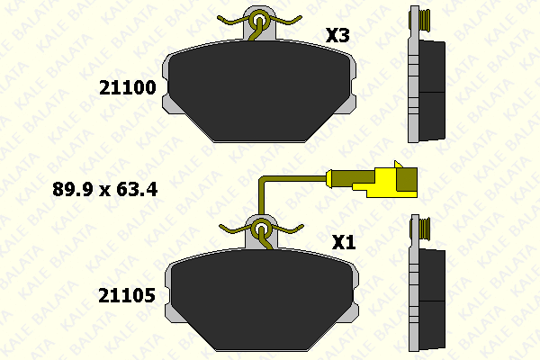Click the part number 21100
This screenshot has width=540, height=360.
click(x=128, y=87)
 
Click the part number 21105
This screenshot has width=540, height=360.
click(x=127, y=295)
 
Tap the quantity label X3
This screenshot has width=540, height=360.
click(x=337, y=35)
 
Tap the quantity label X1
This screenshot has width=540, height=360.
click(x=344, y=242)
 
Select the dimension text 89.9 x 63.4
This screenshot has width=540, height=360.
click(x=105, y=190)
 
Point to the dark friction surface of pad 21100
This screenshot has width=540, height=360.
click(x=260, y=90)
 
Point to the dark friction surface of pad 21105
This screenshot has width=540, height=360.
click(x=263, y=299)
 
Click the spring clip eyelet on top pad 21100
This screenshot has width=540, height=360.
click(x=259, y=21)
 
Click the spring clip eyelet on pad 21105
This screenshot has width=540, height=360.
click(x=261, y=229)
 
